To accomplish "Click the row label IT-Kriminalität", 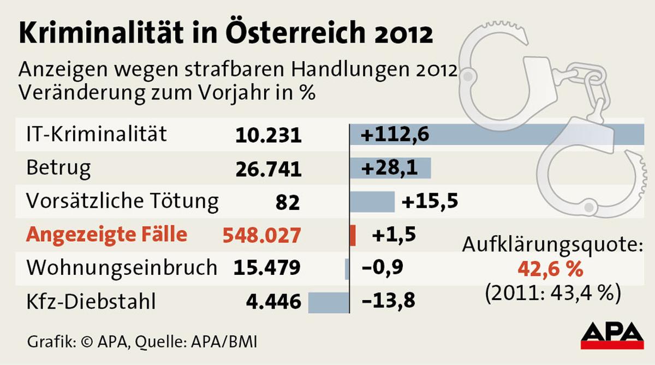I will [97, 135].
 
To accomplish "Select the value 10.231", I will [269, 136].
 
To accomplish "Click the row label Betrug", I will [58, 168].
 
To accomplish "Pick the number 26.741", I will [269, 169].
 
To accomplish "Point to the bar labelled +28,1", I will [391, 168].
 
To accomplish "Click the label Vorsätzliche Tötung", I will [122, 202].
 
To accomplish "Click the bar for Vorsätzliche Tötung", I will [372, 202].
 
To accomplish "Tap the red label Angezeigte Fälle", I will [107, 235].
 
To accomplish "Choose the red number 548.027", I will [261, 236].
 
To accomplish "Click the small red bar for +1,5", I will [353, 235].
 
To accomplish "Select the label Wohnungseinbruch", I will [122, 268].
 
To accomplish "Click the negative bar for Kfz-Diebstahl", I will [329, 302].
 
